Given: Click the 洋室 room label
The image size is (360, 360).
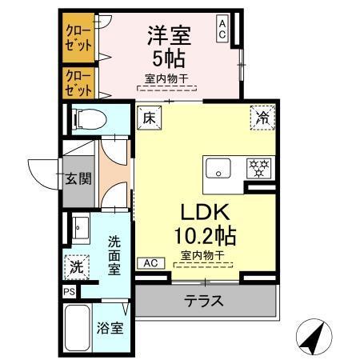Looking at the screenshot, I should [167, 35].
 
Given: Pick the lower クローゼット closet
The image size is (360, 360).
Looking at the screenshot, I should [78, 82].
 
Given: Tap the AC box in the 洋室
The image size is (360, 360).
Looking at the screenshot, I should [222, 30].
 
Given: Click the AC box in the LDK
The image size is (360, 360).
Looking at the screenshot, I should [150, 262].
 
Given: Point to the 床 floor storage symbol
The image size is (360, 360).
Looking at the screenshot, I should [149, 116].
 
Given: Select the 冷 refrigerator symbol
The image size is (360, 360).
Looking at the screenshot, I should [262, 116].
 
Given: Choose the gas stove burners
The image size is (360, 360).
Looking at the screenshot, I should [258, 168].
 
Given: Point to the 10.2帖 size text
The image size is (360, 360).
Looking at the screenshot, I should [205, 237].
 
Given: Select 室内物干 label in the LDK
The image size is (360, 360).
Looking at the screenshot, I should [202, 255].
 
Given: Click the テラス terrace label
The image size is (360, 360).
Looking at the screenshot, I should [203, 302].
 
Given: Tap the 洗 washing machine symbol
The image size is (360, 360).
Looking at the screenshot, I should [74, 263].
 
